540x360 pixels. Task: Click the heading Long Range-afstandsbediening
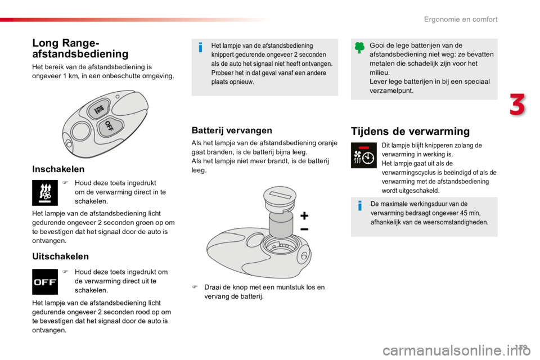(80, 48)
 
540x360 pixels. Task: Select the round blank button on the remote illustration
(81, 131)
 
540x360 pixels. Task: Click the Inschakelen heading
(58, 169)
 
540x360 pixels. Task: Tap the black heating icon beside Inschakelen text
(45, 192)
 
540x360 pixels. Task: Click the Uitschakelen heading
(60, 256)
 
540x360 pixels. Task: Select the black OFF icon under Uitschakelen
(45, 282)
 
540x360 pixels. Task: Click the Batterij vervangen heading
(232, 130)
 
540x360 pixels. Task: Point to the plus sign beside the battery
(304, 216)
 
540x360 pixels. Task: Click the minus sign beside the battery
(304, 229)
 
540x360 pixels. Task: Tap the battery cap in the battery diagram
(280, 199)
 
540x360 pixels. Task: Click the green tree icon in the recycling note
(359, 48)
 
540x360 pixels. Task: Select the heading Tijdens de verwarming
(410, 131)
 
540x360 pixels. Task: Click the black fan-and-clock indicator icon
(364, 155)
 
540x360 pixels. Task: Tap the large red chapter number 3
(517, 105)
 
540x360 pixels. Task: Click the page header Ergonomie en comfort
(461, 19)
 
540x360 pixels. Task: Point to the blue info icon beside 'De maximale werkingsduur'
(360, 206)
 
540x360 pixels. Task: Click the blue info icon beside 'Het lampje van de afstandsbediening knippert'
(200, 47)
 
